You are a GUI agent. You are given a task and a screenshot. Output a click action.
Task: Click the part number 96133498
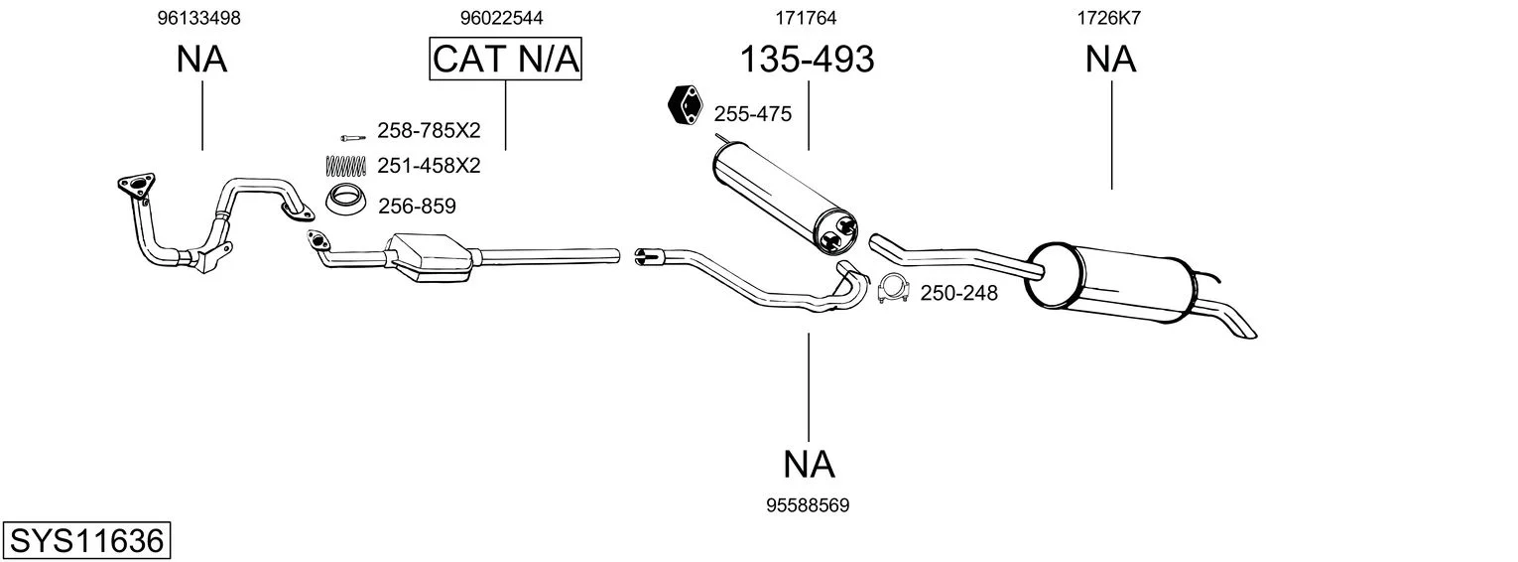[x=198, y=18]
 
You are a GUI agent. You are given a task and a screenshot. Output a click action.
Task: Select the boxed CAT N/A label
[x=506, y=59]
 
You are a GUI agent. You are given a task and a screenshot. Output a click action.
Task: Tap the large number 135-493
[x=807, y=59]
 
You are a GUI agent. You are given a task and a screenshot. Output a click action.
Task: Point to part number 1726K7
[x=1109, y=18]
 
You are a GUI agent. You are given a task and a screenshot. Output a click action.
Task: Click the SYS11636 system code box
[x=86, y=541]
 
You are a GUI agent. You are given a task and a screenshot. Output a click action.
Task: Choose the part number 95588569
[x=808, y=505]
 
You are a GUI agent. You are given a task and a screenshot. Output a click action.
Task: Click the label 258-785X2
[x=429, y=130]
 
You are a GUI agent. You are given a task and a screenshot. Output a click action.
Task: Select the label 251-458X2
[x=429, y=166]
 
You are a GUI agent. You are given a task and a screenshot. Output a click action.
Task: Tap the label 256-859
[x=417, y=207]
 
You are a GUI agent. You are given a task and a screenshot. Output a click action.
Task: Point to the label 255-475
[x=752, y=114]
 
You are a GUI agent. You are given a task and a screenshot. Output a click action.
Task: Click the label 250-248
[x=958, y=293]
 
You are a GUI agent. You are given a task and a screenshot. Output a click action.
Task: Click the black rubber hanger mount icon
[x=685, y=106]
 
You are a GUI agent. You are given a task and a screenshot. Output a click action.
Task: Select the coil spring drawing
[x=346, y=166]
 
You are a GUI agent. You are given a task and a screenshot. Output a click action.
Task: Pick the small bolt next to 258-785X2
[x=353, y=138]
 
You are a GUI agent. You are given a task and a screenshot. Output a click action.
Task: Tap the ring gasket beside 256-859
[x=345, y=199]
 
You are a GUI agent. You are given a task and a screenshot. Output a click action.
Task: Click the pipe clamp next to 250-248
[x=893, y=289]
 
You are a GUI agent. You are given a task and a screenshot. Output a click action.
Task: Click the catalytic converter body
[x=430, y=257]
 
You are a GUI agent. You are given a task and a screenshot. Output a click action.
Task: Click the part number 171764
[x=806, y=18]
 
